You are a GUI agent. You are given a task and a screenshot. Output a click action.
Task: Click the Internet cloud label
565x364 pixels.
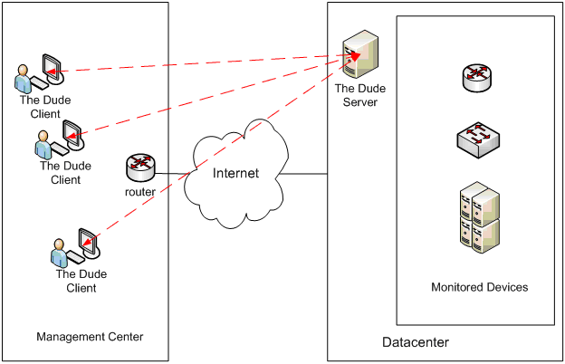pos(235,173)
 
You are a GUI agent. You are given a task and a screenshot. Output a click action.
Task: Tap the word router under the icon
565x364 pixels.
pos(141,191)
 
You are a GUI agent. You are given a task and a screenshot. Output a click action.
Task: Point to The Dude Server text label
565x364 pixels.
pos(355,95)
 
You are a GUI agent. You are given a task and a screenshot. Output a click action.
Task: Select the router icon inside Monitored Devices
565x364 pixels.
pos(476,79)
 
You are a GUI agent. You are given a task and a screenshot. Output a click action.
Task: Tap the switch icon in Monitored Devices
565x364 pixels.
pos(476,137)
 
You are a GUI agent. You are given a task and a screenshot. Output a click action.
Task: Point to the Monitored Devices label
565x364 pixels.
pos(479,287)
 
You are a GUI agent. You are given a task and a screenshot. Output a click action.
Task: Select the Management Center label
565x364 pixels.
pos(90,338)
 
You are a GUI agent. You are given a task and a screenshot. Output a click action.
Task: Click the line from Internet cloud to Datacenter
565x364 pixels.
pos(306,173)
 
